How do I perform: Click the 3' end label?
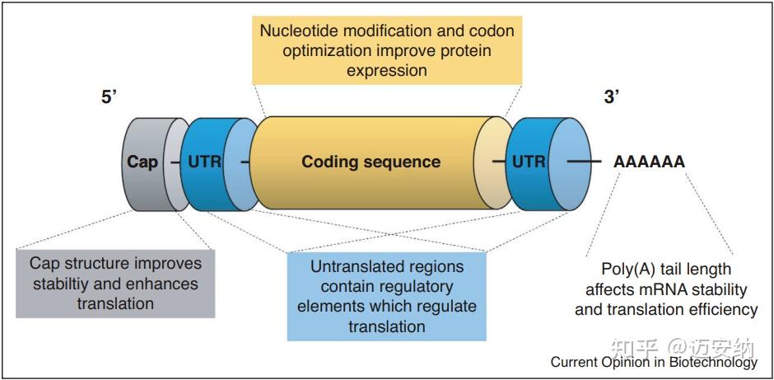612,96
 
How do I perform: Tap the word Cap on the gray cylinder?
142,162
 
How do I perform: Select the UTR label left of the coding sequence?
204,162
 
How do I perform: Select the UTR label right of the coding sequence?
529,162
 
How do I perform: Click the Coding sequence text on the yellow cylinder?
371,162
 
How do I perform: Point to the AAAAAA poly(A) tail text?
649,162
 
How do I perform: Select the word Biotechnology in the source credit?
713,362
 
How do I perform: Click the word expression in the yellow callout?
386,70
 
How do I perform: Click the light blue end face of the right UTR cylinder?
570,162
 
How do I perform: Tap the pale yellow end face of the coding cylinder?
491,162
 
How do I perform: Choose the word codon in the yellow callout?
491,30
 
